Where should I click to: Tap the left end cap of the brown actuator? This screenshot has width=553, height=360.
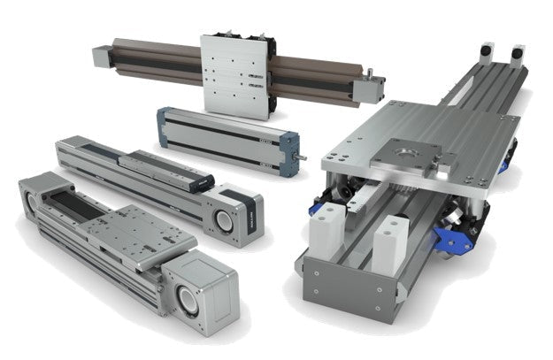coord(98,54)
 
